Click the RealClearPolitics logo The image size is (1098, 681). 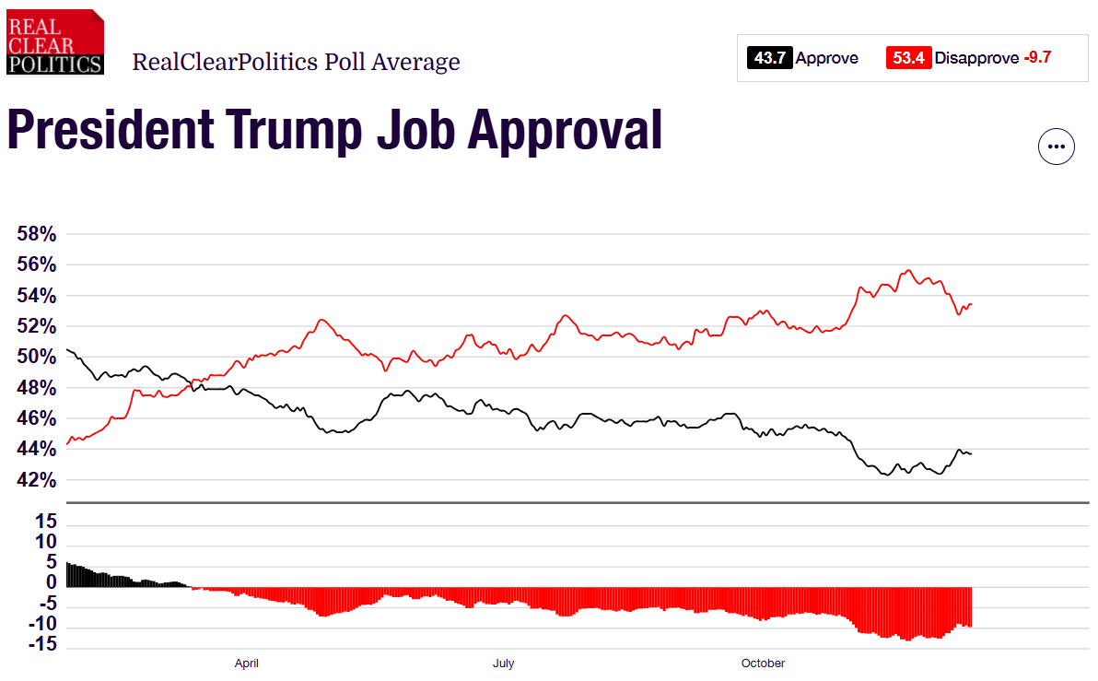(54, 41)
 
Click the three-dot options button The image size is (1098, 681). (1057, 146)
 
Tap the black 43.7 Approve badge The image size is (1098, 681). (770, 58)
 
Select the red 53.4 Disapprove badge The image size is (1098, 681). (907, 58)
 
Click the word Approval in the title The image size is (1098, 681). (566, 130)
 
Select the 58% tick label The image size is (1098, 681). (37, 235)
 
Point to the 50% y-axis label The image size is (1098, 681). (37, 358)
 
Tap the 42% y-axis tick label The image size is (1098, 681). (37, 480)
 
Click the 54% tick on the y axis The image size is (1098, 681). (37, 296)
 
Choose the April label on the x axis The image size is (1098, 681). (246, 663)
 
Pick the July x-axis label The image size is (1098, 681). (503, 663)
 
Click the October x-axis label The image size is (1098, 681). (763, 663)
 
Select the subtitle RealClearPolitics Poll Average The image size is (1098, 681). (296, 63)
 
